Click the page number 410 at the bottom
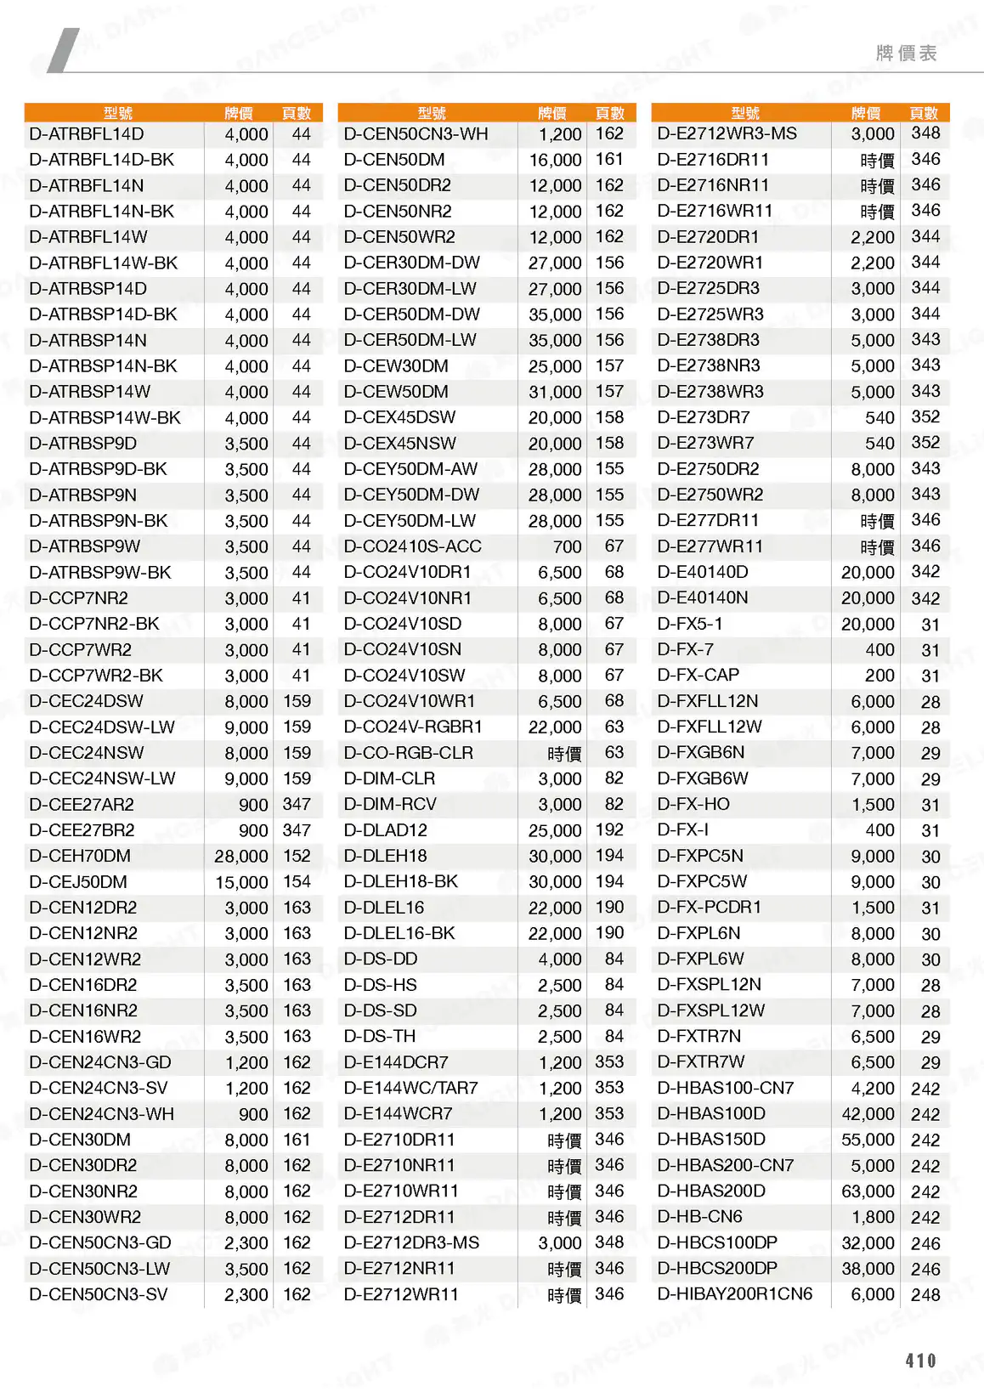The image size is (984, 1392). point(920,1360)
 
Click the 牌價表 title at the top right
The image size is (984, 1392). point(906,54)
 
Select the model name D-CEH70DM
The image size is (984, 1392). point(80,856)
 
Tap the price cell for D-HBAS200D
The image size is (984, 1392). point(868,1191)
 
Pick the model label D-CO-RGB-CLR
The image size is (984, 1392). point(408,753)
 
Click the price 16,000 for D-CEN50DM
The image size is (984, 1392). point(555,160)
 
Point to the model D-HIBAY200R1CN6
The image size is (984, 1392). point(734,1294)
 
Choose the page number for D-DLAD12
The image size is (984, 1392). point(609,830)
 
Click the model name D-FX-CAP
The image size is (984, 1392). point(698,676)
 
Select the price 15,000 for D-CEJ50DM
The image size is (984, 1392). point(241,882)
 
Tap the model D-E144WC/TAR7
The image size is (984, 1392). point(410,1088)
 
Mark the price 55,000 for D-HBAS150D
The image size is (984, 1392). point(868,1140)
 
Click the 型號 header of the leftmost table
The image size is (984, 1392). point(118,113)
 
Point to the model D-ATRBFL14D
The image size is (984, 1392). point(86,134)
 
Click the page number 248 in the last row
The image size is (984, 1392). point(925,1294)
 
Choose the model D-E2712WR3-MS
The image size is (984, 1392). point(727,134)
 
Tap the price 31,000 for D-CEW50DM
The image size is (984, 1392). point(555,392)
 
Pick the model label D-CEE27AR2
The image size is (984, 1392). point(82,805)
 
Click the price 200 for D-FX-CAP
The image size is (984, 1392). point(879,676)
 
